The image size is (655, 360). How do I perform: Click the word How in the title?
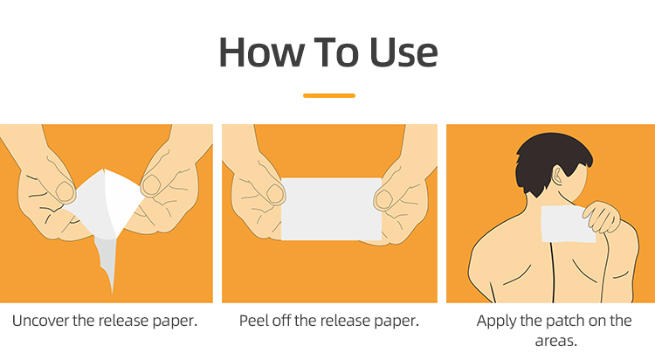(261, 52)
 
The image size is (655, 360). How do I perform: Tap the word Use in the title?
(403, 52)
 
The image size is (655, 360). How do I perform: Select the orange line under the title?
(329, 96)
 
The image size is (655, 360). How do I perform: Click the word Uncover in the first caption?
(40, 321)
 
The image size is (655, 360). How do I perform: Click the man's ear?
(557, 175)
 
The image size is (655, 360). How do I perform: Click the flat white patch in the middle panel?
(331, 209)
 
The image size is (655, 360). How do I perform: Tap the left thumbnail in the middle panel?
(275, 194)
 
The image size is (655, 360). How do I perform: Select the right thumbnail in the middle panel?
(383, 199)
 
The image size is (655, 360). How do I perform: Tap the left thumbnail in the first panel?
(65, 191)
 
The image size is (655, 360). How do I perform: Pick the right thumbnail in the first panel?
(151, 185)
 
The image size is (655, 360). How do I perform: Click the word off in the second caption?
(282, 321)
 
